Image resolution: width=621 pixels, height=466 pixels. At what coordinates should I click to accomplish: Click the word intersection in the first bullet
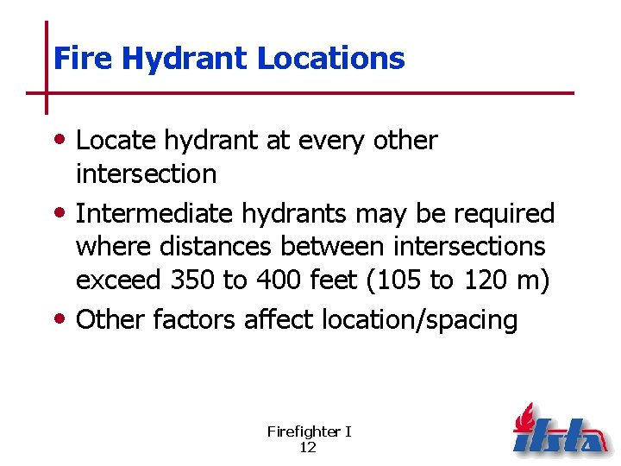tap(146, 173)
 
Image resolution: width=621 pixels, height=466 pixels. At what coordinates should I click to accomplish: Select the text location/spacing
tap(419, 320)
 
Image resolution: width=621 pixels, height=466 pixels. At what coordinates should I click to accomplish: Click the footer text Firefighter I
tap(309, 431)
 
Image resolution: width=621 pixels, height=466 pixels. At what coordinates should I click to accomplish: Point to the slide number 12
tap(307, 447)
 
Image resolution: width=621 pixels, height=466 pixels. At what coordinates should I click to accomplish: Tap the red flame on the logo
tap(524, 420)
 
